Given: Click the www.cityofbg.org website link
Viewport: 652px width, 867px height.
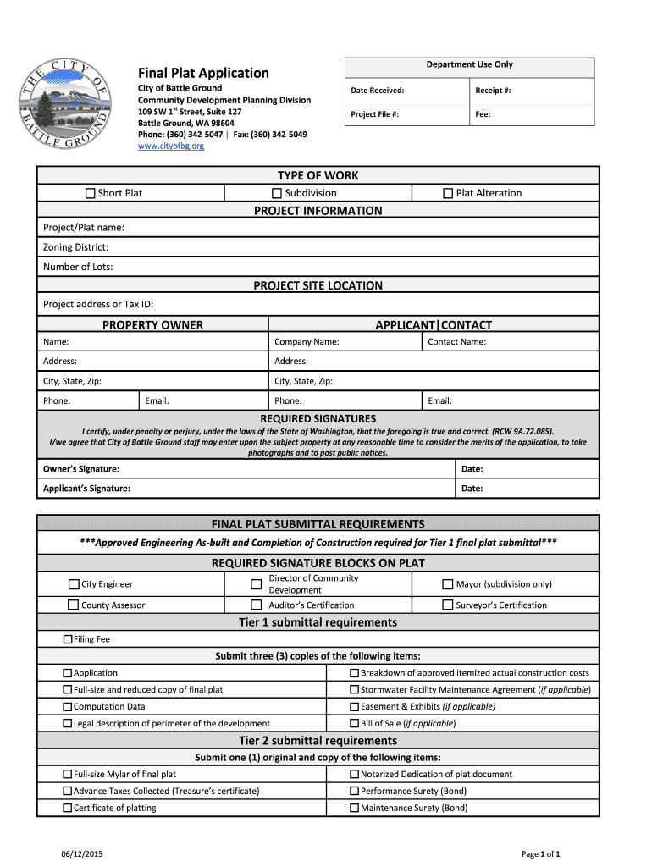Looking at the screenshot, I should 171,146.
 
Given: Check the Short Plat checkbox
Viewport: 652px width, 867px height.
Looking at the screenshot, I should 91,193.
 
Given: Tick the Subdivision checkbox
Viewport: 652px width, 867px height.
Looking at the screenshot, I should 277,193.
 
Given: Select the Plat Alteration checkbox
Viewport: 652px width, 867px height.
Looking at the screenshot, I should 449,193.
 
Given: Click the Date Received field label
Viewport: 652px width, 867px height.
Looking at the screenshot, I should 378,91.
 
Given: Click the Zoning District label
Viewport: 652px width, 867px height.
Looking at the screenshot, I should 75,247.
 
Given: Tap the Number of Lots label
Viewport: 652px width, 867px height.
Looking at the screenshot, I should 78,267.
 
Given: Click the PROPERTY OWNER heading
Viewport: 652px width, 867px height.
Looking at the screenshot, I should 152,325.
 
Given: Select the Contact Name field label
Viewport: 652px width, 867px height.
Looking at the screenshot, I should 456,342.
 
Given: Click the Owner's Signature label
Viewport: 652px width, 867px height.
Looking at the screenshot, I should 81,469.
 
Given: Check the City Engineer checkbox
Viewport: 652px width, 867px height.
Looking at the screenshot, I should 74,584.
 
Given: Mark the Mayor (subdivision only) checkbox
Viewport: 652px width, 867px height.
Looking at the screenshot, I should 449,584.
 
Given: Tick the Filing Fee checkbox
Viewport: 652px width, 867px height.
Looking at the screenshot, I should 68,639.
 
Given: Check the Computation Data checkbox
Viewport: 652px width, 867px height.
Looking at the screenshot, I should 68,707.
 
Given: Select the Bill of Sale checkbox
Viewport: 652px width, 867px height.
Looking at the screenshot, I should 355,724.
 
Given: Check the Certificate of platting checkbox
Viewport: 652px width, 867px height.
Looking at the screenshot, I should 68,808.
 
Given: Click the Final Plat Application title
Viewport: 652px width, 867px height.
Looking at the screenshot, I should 203,73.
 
